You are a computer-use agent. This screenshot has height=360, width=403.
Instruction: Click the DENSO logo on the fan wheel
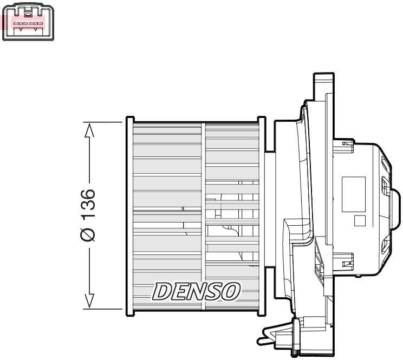pos(196,291)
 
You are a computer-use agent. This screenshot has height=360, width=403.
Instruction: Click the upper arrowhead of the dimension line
pos(90,130)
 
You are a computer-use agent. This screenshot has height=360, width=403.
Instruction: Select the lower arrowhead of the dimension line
pos(90,301)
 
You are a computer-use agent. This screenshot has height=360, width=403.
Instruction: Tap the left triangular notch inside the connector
pos(20,29)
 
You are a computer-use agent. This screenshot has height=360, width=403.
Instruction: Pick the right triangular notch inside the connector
pos(37,29)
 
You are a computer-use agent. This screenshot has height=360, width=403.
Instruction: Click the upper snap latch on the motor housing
pos(347,143)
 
